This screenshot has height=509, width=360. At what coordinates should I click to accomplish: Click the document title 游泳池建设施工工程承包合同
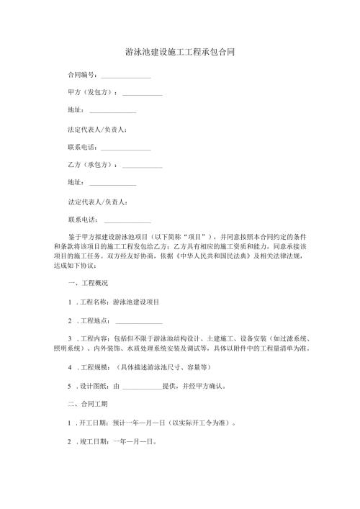pyautogui.click(x=180, y=53)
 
